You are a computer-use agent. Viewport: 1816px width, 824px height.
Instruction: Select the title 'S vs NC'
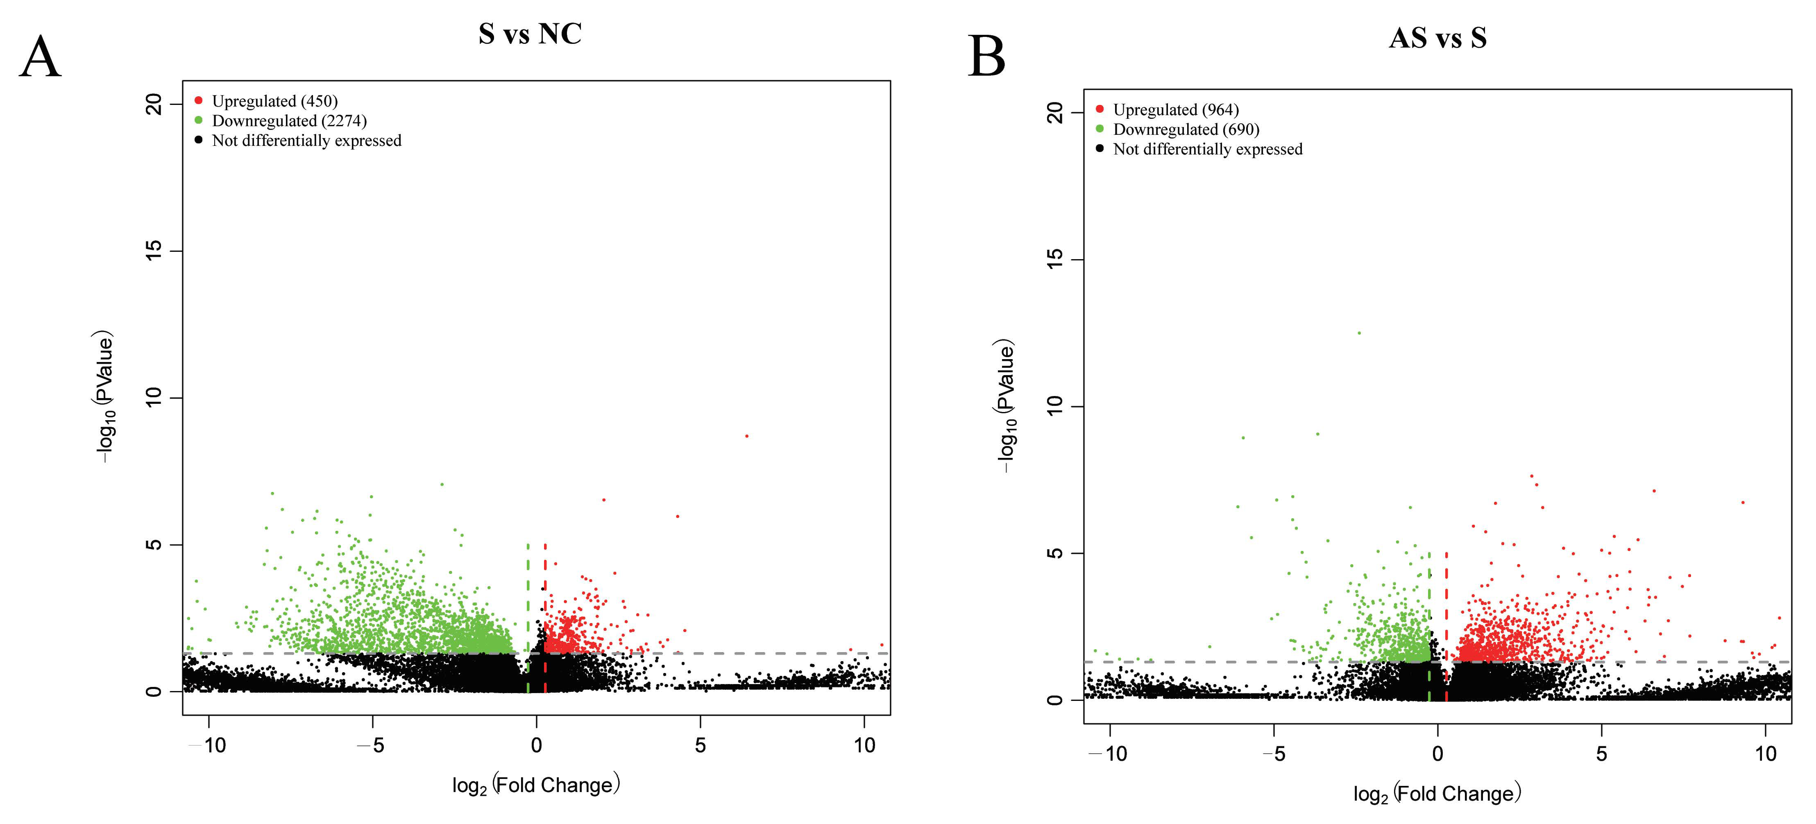[530, 34]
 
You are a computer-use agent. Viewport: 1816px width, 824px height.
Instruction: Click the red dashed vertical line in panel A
[545, 606]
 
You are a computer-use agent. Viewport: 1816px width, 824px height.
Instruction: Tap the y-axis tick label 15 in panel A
[154, 250]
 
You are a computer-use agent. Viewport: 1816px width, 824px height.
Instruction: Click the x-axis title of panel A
[536, 784]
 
